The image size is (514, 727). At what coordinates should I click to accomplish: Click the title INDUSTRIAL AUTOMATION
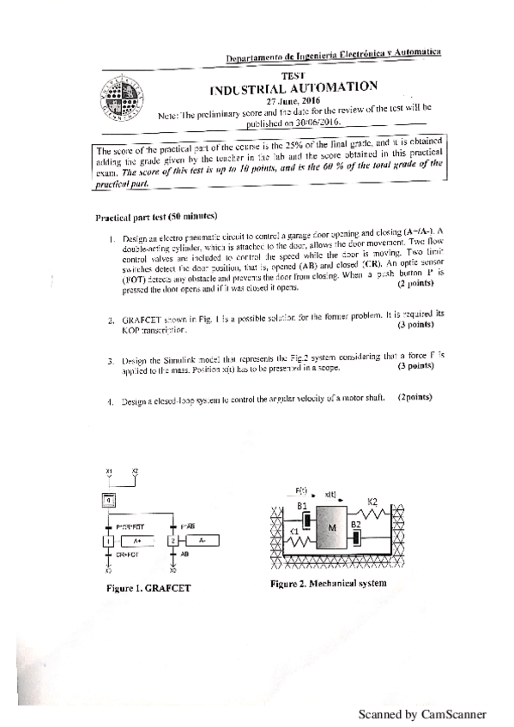pyautogui.click(x=293, y=87)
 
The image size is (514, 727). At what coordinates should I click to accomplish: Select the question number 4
pyautogui.click(x=112, y=400)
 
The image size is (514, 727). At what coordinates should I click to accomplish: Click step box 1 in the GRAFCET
pyautogui.click(x=109, y=542)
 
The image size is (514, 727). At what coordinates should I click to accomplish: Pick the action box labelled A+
pyautogui.click(x=137, y=542)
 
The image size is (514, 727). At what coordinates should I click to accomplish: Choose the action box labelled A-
pyautogui.click(x=201, y=542)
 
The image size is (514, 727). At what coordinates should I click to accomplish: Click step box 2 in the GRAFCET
pyautogui.click(x=172, y=542)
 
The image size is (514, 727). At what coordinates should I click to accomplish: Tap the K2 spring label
pyautogui.click(x=372, y=501)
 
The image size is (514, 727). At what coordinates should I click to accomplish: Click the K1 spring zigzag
pyautogui.click(x=297, y=542)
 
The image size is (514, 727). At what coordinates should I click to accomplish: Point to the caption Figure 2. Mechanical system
pyautogui.click(x=328, y=584)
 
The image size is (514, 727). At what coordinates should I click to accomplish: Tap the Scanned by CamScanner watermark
pyautogui.click(x=421, y=713)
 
